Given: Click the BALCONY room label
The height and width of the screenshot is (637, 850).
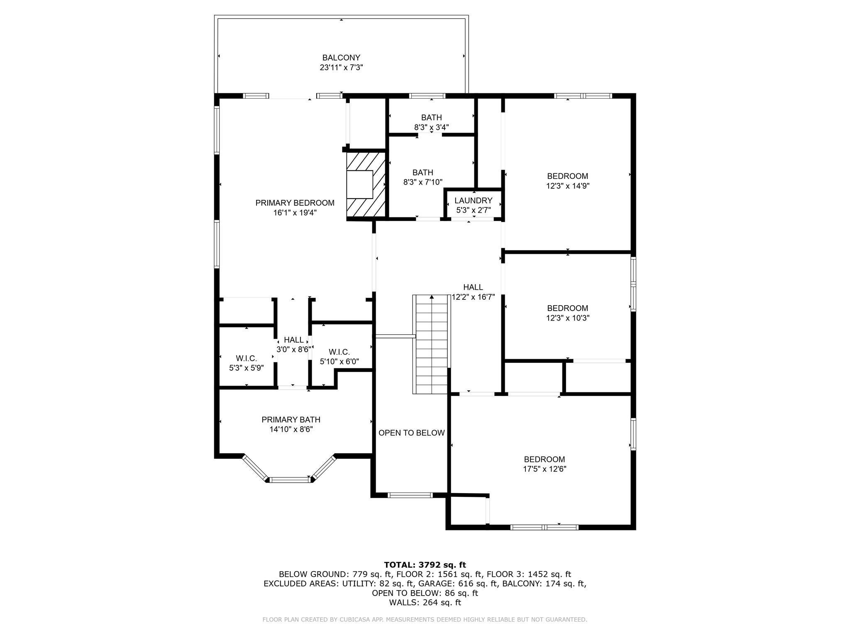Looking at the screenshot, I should [x=341, y=58].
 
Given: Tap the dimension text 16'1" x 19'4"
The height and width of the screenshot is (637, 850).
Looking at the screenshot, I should [x=295, y=213].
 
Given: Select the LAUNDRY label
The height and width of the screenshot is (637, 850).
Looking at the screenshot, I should [x=473, y=201].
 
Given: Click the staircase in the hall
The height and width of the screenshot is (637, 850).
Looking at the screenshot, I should [x=432, y=344].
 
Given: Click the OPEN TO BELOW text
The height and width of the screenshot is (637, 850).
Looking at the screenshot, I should [x=411, y=433].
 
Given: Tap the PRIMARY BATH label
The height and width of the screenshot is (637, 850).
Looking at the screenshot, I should [x=291, y=420].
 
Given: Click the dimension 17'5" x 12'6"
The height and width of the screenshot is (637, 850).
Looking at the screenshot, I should [x=544, y=469].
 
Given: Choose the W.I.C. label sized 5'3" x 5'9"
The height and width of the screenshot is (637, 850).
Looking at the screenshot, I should [x=246, y=358].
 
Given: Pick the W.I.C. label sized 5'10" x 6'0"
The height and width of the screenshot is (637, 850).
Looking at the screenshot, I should [x=339, y=352].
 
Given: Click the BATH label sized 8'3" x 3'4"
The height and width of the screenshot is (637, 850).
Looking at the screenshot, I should [x=431, y=118].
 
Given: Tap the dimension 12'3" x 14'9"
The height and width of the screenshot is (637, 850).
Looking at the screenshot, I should [x=567, y=186].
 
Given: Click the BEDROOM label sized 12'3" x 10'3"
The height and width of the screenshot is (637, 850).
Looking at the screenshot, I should [x=567, y=308].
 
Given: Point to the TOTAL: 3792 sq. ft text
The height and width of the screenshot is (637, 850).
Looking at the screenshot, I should [x=425, y=565].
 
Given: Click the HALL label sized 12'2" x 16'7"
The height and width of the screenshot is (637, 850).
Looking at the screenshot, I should [x=473, y=287].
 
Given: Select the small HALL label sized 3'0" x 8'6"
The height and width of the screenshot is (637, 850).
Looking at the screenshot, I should [x=293, y=340].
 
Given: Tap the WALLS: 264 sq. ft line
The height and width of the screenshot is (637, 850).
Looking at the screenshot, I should [x=425, y=603].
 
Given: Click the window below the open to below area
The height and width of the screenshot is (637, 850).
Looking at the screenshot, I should [x=410, y=495].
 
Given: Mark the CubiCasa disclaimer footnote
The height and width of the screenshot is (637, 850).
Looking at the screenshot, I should [x=425, y=620].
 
